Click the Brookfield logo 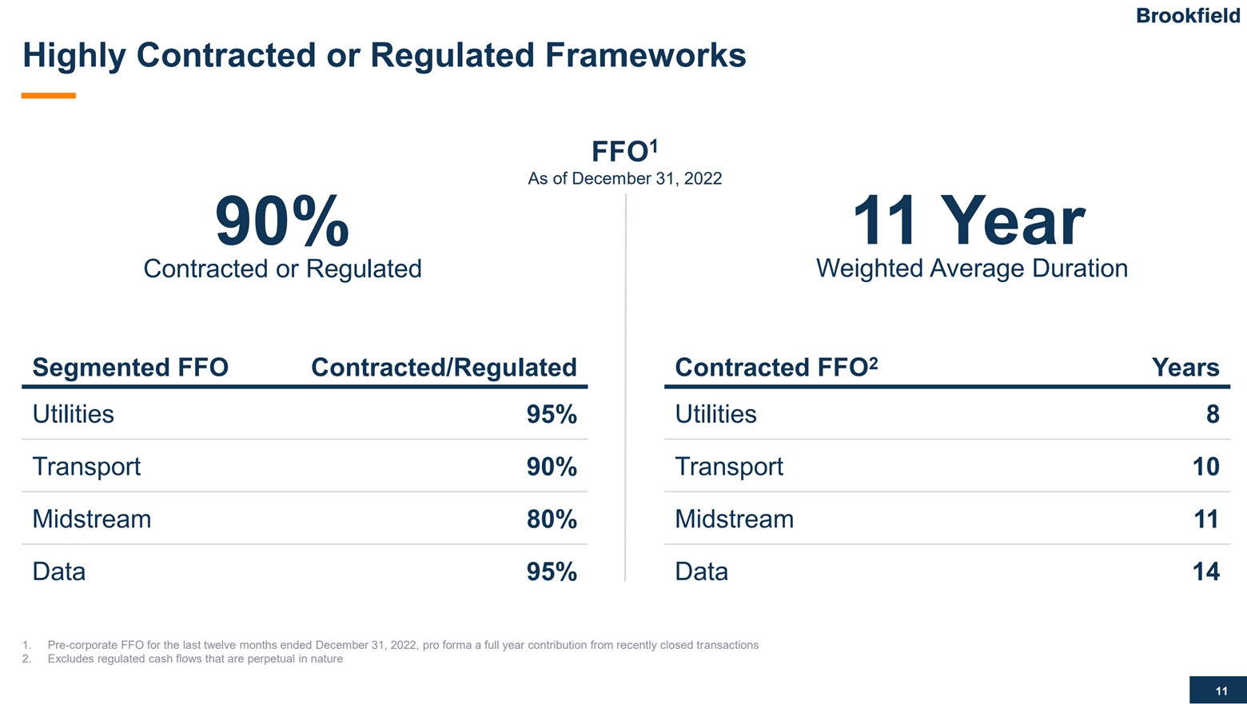(1187, 16)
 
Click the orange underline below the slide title (49, 96)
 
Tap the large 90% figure (282, 222)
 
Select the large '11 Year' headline (969, 221)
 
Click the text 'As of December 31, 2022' (624, 179)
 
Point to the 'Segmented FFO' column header (130, 368)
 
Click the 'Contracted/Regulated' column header (444, 368)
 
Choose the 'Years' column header (1185, 368)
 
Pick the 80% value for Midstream (552, 519)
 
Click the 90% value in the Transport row (552, 467)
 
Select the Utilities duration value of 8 (1212, 414)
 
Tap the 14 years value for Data (1205, 571)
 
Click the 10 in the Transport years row (1205, 467)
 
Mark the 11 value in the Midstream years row (1205, 519)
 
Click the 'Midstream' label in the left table (91, 519)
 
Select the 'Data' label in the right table (701, 571)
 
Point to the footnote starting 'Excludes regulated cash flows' (195, 659)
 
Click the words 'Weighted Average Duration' (971, 268)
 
